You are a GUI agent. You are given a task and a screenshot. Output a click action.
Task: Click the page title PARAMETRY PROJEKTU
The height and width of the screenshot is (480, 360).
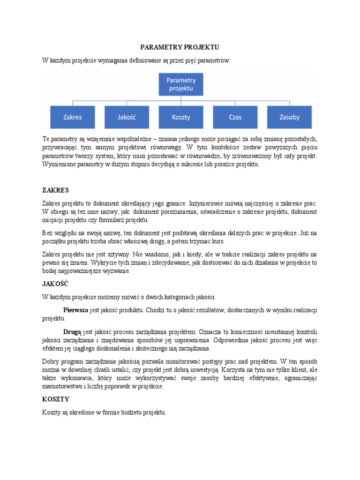180,48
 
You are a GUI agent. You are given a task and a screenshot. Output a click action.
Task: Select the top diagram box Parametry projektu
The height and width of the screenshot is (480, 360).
180,83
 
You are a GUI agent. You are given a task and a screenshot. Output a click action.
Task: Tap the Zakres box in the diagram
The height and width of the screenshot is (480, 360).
72,118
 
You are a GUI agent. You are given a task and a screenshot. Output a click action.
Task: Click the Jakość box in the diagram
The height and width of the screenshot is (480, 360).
126,118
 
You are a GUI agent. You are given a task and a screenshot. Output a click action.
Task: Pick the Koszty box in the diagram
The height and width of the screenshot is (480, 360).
180,118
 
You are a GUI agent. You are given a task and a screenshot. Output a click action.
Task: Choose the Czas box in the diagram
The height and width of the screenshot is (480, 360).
235,118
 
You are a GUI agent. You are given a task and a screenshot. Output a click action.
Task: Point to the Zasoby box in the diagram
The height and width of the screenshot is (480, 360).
289,118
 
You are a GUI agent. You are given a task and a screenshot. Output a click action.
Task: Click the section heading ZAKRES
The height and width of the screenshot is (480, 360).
55,190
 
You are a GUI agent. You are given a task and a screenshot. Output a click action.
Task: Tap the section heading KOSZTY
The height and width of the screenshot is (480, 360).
55,399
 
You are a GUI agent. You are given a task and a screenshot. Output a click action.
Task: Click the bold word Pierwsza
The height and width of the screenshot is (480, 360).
75,310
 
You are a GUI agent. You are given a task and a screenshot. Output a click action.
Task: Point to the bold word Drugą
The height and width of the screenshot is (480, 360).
72,332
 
